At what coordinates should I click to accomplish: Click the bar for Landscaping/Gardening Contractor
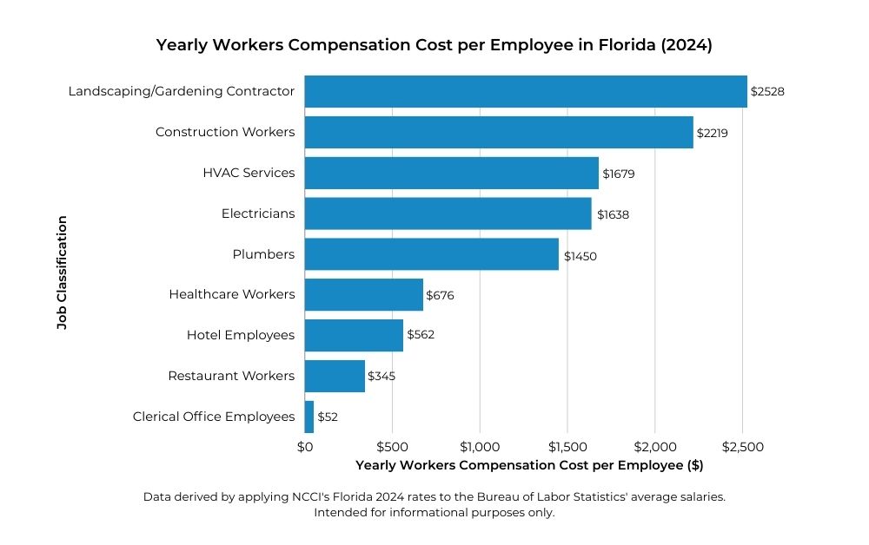click(526, 91)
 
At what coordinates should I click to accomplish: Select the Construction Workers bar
click(499, 132)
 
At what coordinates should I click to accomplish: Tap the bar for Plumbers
click(432, 254)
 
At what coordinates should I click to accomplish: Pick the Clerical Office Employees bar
click(309, 417)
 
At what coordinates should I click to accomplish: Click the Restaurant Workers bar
click(335, 376)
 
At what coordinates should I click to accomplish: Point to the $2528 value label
click(767, 91)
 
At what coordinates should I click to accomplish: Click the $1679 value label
click(619, 174)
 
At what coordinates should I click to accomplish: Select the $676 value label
click(440, 295)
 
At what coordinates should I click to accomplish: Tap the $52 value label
click(328, 417)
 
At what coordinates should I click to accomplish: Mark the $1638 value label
click(612, 214)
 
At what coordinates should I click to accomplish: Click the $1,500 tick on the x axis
click(567, 447)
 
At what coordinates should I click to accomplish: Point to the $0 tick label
click(305, 447)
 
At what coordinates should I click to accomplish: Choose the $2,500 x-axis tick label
click(742, 447)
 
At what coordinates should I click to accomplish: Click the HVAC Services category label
click(249, 173)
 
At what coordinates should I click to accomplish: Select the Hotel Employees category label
click(241, 335)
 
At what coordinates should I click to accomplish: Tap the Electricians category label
click(258, 213)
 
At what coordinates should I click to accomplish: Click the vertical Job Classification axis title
click(62, 272)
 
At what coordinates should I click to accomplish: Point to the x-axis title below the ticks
click(529, 465)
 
